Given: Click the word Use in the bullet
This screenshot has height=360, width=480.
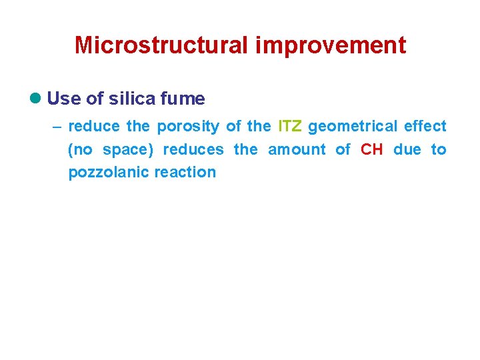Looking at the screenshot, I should coord(64,99).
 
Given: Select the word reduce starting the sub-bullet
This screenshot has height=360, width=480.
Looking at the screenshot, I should coord(94,127).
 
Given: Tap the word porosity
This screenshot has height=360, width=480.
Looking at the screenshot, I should coord(188,127).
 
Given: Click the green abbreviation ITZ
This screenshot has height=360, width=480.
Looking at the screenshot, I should coord(290,127).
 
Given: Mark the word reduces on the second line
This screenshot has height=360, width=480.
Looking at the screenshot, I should coord(193,149).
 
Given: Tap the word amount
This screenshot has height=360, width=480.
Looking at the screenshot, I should coord(295,149).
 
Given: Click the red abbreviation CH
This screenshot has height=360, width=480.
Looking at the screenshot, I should coord(372,149).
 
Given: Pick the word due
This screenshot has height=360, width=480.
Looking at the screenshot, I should coord(407,149).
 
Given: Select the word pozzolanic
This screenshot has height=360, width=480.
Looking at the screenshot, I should coord(109,172).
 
